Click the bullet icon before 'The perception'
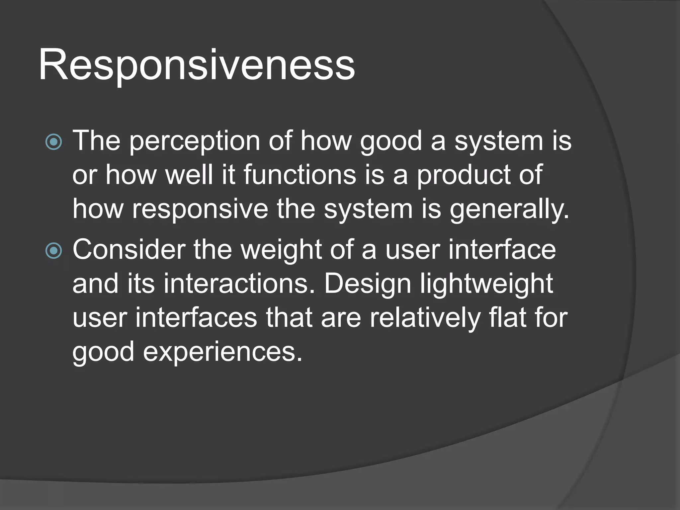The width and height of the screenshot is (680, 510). [x=53, y=142]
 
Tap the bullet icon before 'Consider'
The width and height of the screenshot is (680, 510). [x=53, y=251]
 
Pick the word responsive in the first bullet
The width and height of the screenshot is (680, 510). [x=200, y=210]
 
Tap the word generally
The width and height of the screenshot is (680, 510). [x=509, y=210]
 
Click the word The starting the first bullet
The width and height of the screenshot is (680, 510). [x=96, y=141]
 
